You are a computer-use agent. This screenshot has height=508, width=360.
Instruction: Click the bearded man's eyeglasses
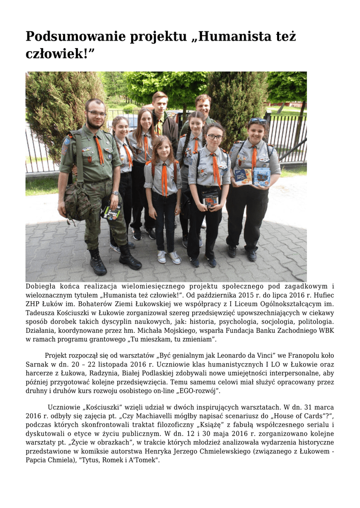pyautogui.click(x=96, y=113)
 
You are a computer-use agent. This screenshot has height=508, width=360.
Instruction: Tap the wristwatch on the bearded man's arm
pyautogui.click(x=115, y=193)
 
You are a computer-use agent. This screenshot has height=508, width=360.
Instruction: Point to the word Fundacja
pyautogui.click(x=244, y=331)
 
